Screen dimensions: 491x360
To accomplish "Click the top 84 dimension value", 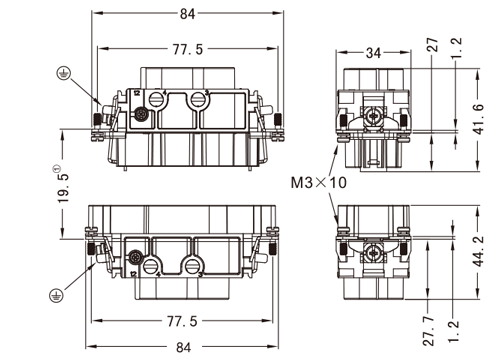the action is coord(187,14).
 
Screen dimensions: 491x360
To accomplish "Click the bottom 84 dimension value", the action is coord(183,347).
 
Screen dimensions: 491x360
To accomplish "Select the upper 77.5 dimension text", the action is coord(188,49).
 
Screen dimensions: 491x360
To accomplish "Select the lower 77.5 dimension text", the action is coord(182,321).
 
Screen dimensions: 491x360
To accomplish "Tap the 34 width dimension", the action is coord(373,53).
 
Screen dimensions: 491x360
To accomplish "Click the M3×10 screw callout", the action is coord(319,183).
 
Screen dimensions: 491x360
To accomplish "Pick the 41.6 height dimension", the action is coord(479,119).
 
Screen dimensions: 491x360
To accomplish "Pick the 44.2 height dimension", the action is coord(479,252).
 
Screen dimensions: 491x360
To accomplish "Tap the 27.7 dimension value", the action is coord(429,331).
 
